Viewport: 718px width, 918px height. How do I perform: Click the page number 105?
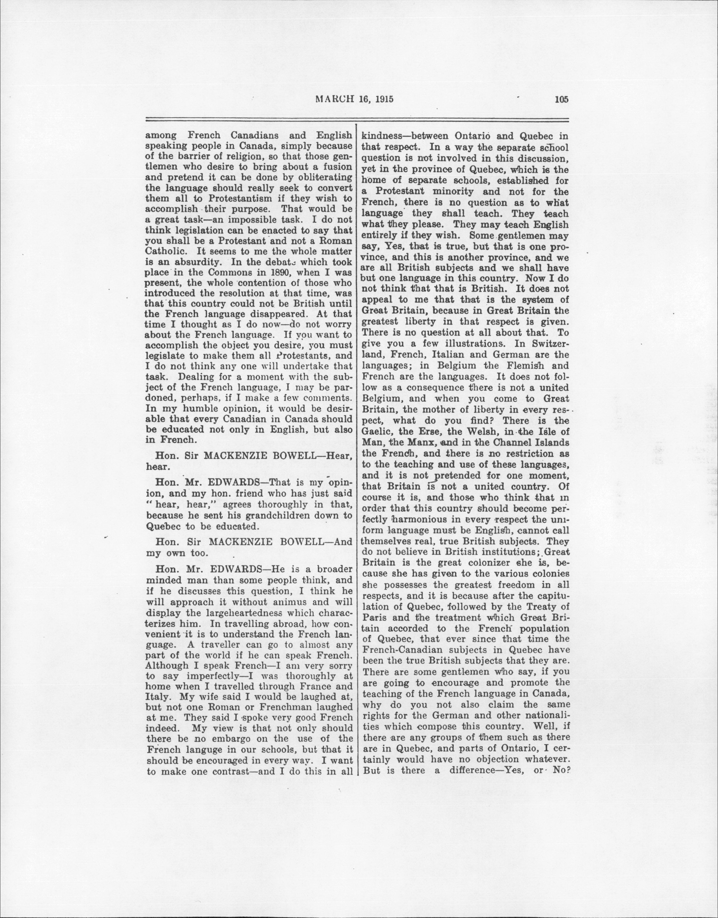coord(561,100)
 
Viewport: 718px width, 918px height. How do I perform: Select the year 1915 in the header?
coord(384,100)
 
